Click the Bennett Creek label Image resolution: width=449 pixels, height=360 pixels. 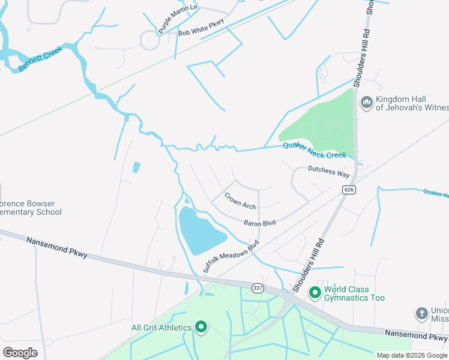coord(40,59)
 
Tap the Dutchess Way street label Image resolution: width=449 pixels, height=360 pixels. coord(328,172)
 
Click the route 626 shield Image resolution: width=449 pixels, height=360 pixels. coord(348,190)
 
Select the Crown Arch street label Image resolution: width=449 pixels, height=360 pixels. coord(240,200)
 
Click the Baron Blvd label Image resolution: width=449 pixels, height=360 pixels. coord(259,223)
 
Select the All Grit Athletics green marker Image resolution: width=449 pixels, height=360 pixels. coord(201,327)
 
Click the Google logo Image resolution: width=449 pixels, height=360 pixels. coord(20,352)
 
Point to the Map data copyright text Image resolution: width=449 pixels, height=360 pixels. coord(411,355)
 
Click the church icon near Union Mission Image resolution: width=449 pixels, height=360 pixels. coord(421,313)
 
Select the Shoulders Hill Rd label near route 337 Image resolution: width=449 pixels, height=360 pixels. coord(309,265)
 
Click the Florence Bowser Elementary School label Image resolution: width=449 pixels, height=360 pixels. coord(31,208)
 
